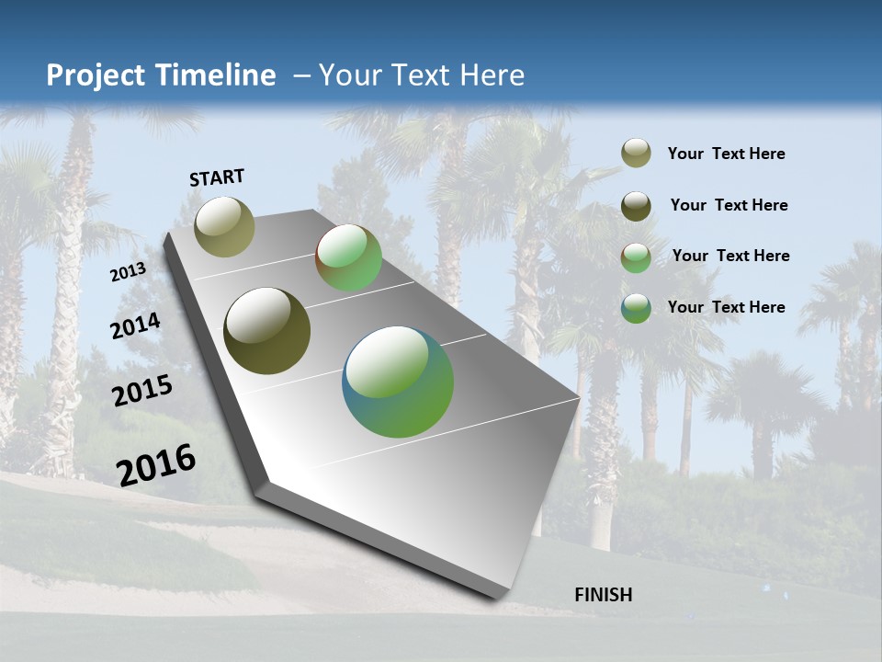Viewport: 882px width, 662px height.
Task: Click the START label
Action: coord(217,177)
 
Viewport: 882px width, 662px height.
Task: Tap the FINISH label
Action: coord(603,595)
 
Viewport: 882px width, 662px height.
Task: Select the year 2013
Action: coord(128,272)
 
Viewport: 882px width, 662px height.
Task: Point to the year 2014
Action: coord(135,326)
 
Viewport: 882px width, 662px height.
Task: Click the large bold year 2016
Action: coord(156,464)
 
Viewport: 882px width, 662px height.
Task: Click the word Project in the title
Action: coord(91,75)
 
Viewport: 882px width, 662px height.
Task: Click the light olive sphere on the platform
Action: coord(224,226)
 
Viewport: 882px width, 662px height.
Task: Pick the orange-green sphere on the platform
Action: coord(348,258)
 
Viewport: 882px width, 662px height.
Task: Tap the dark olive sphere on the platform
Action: coord(266,331)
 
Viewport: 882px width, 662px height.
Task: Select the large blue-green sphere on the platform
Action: coord(398,381)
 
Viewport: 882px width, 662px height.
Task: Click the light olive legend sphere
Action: coord(636,154)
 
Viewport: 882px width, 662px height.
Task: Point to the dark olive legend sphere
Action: coord(636,206)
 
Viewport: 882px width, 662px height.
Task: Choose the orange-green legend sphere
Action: coord(636,257)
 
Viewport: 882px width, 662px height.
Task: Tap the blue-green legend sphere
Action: coord(636,308)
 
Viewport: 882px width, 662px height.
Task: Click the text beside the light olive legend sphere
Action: coord(726,154)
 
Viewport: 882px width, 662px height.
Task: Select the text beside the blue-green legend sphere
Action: coord(726,307)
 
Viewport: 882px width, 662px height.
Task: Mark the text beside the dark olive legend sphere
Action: coord(729,205)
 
